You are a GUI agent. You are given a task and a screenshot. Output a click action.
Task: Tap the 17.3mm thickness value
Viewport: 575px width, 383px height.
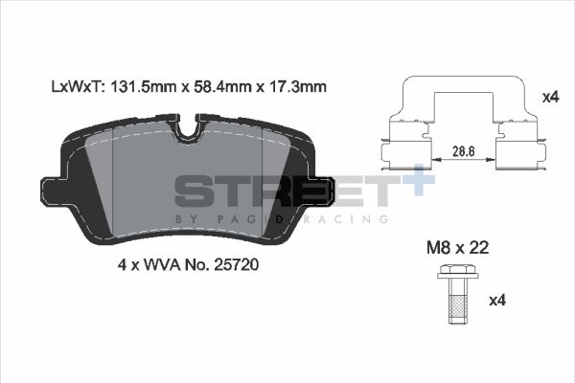[296, 86]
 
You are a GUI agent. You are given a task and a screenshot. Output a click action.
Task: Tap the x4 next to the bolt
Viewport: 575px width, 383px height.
[496, 301]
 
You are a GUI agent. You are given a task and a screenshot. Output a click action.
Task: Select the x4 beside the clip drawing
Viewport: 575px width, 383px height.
[549, 97]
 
